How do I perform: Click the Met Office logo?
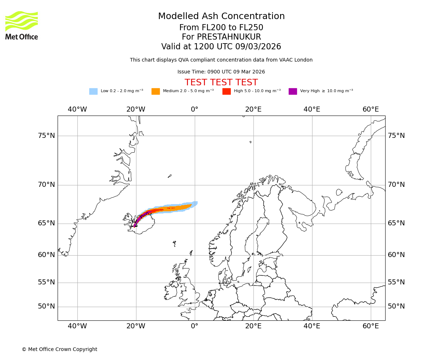[22, 25]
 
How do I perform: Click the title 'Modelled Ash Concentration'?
[221, 17]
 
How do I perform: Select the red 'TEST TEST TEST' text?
[221, 82]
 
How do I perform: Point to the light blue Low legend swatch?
[93, 91]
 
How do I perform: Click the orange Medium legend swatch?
[156, 91]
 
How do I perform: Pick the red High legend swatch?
[226, 91]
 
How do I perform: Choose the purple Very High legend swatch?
[293, 91]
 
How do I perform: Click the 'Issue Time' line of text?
[221, 72]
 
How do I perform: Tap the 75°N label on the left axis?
[46, 136]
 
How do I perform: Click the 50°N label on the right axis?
[396, 306]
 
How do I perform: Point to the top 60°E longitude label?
[370, 109]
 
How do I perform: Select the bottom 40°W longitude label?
[77, 326]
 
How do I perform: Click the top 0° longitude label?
[194, 109]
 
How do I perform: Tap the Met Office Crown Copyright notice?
[59, 350]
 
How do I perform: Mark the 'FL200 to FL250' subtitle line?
[221, 28]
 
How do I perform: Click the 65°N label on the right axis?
[396, 223]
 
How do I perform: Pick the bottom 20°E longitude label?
[253, 326]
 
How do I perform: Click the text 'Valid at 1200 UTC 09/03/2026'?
[221, 47]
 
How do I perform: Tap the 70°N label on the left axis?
[46, 185]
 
